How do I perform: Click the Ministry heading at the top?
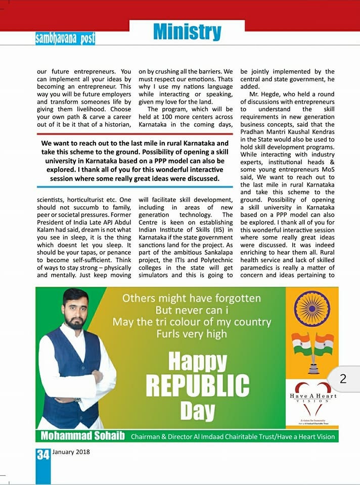pyautogui.click(x=188, y=31)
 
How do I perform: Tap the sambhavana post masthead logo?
pyautogui.click(x=65, y=38)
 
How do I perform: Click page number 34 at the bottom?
pyautogui.click(x=42, y=454)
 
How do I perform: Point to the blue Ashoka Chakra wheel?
pyautogui.click(x=311, y=309)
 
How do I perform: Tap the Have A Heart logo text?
pyautogui.click(x=313, y=396)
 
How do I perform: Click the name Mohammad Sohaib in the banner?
pyautogui.click(x=83, y=436)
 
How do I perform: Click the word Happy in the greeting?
pyautogui.click(x=197, y=362)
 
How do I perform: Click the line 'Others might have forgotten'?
pyautogui.click(x=192, y=298)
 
